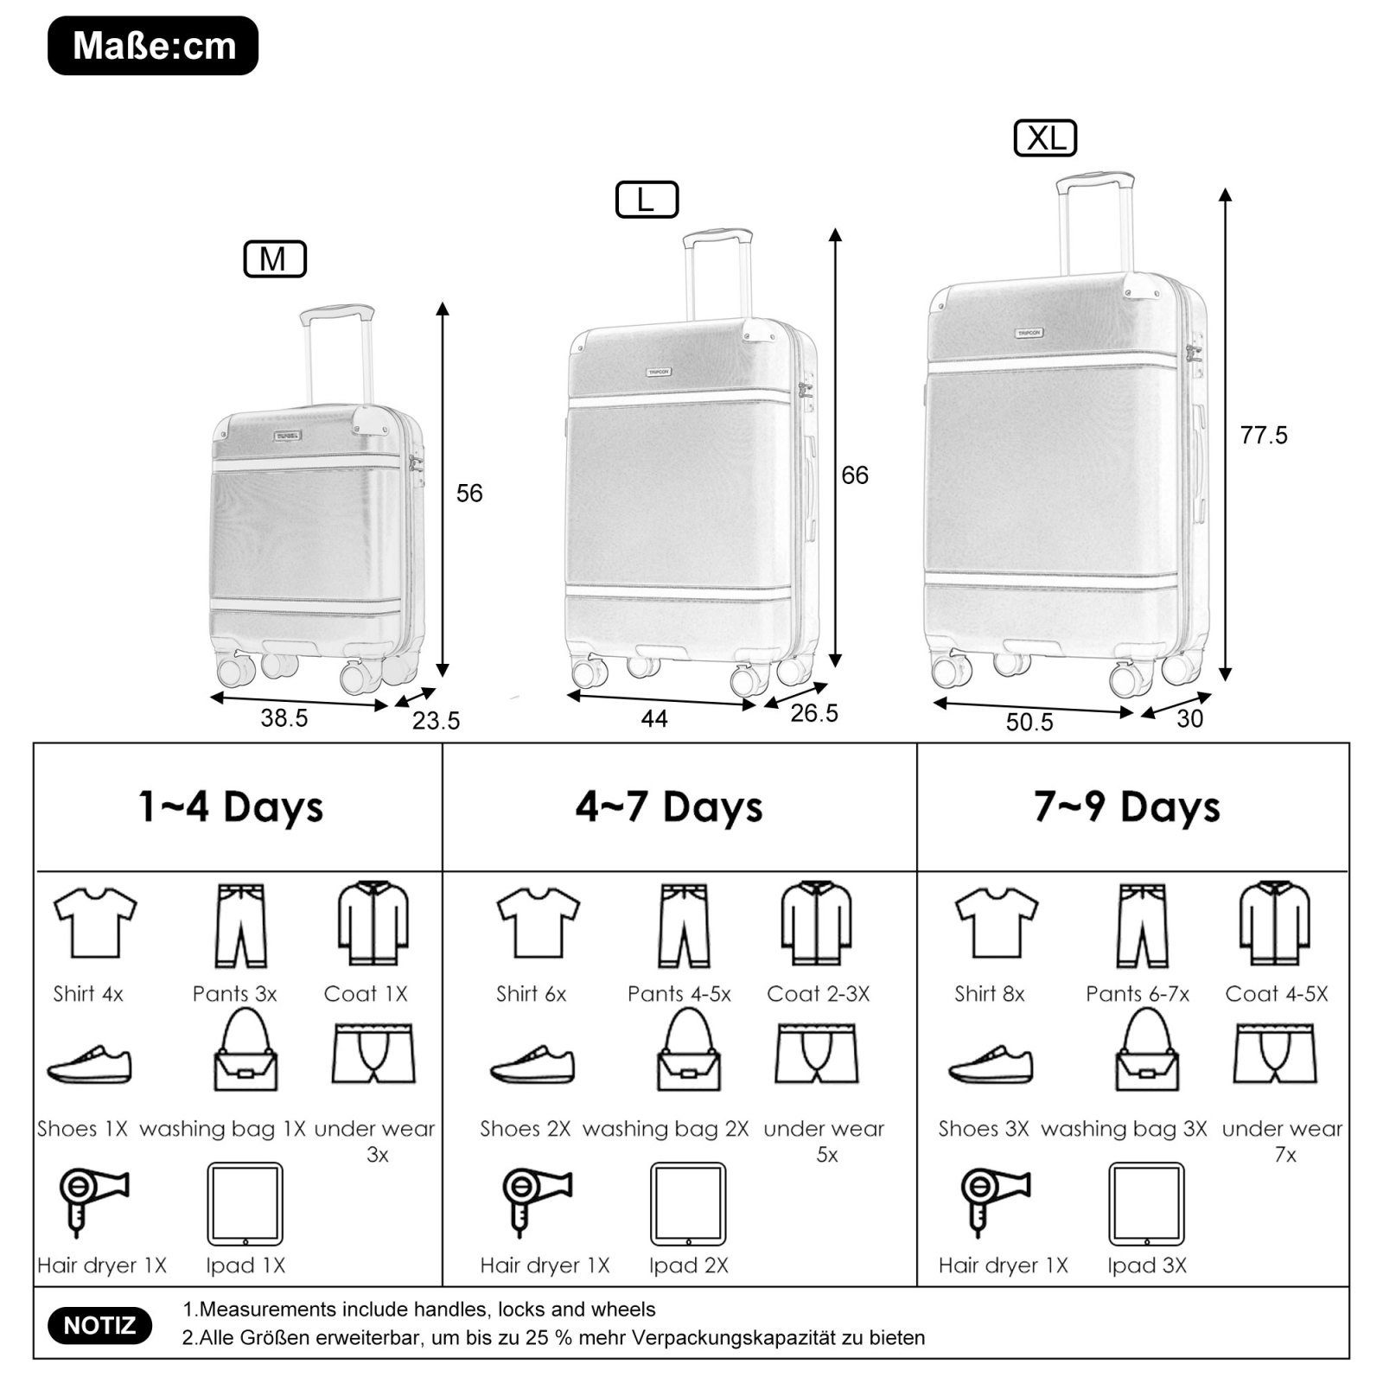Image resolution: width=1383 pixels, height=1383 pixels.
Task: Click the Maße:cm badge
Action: tap(153, 46)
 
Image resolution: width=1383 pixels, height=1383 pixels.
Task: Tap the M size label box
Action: tap(275, 259)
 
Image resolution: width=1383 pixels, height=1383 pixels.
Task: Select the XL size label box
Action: tap(1045, 138)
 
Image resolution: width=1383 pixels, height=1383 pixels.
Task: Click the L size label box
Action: tap(647, 200)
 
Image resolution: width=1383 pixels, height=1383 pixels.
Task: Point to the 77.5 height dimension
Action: tap(1264, 436)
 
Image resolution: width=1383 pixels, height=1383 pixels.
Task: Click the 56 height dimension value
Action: tap(469, 494)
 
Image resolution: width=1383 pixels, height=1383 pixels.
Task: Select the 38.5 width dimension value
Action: tap(284, 718)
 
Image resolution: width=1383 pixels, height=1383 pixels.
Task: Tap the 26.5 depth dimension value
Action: tap(814, 714)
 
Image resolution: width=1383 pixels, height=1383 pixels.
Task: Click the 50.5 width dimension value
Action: tap(1029, 723)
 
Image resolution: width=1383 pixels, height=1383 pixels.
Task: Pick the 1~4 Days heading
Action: tap(231, 806)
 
